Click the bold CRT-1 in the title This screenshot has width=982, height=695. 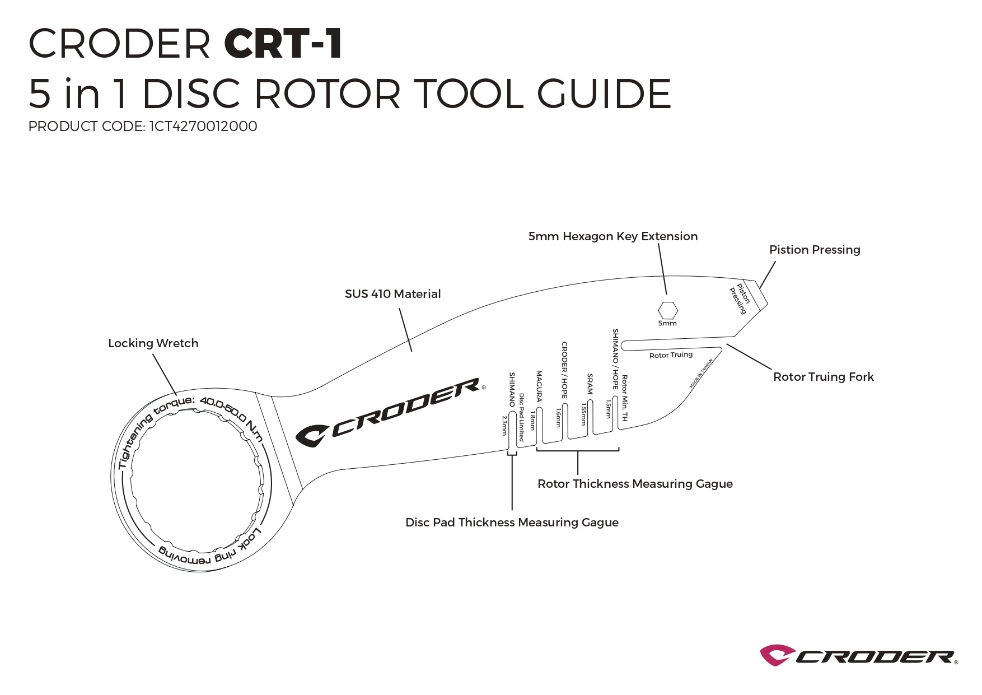pyautogui.click(x=283, y=43)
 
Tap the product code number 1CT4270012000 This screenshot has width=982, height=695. pyautogui.click(x=203, y=127)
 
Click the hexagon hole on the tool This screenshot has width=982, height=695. pyautogui.click(x=667, y=310)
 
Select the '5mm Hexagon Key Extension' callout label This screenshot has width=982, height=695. pyautogui.click(x=613, y=236)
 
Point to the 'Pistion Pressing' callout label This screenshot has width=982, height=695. pyautogui.click(x=815, y=250)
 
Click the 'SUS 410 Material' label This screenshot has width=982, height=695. pyautogui.click(x=392, y=294)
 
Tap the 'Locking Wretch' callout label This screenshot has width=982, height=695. pyautogui.click(x=153, y=343)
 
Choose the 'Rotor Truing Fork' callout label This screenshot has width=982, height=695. pyautogui.click(x=823, y=377)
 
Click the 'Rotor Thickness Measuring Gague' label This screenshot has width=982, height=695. pyautogui.click(x=635, y=484)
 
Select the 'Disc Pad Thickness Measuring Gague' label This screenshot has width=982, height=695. pyautogui.click(x=512, y=523)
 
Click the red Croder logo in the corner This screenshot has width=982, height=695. pyautogui.click(x=859, y=655)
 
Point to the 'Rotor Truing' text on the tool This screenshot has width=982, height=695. pyautogui.click(x=671, y=355)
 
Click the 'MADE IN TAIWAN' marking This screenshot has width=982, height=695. pyautogui.click(x=701, y=374)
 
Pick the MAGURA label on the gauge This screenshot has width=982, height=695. pyautogui.click(x=539, y=386)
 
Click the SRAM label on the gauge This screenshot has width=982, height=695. pyautogui.click(x=590, y=384)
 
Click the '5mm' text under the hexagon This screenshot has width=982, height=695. pyautogui.click(x=667, y=324)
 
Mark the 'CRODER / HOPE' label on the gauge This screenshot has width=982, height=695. pyautogui.click(x=564, y=370)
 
